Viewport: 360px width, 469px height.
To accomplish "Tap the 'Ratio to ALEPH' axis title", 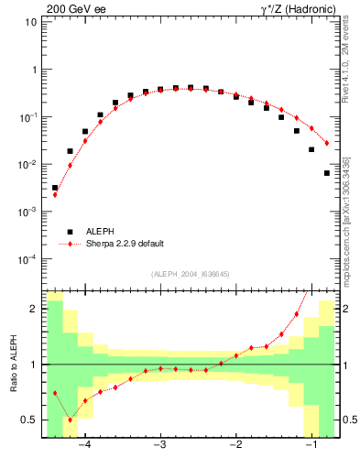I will click(14, 365).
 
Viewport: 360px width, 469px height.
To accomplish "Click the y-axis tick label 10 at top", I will click(31, 22).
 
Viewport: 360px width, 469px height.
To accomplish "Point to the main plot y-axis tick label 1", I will click(34, 70).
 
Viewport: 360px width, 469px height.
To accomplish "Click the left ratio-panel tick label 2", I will click(34, 310).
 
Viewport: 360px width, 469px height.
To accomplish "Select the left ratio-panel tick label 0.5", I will click(30, 420).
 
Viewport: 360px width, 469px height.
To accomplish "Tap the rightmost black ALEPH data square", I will click(326, 173).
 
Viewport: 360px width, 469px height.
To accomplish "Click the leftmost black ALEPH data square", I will click(55, 188).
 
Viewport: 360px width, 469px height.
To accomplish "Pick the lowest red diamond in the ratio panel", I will click(70, 420).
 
